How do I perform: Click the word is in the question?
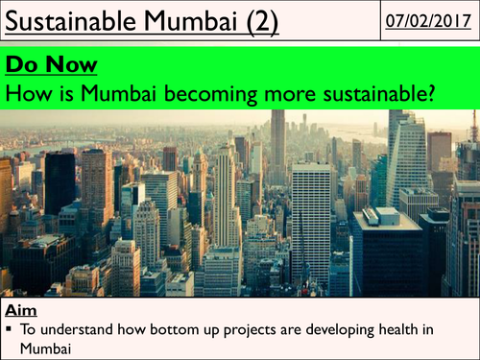click(x=56, y=93)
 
